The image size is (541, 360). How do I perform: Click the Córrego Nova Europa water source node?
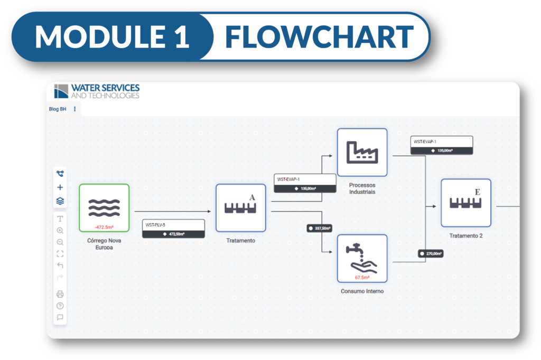104,207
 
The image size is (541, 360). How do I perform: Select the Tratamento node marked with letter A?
240,207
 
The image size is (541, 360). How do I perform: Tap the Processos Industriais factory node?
362,152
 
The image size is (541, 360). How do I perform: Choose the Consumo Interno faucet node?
362,258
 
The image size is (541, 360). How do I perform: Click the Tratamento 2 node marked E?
465,203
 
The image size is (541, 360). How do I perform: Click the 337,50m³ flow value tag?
319,228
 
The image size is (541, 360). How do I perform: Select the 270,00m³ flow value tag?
430,253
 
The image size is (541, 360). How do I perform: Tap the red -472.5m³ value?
104,226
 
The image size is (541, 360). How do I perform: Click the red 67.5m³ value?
362,277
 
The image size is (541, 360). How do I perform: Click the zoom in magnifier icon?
60,231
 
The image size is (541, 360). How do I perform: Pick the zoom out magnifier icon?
60,242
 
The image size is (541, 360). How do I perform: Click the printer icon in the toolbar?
60,294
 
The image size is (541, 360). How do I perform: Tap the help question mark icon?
60,306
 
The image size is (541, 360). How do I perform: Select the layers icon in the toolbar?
60,201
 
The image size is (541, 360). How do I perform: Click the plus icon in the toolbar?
60,187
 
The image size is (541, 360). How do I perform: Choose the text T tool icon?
60,219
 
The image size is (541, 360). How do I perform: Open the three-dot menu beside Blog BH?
74,109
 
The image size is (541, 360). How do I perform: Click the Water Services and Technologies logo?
97,91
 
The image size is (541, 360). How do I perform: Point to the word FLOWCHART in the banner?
319,37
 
